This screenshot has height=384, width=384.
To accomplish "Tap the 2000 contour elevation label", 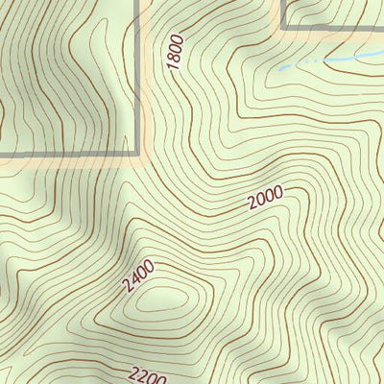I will pyautogui.click(x=264, y=199).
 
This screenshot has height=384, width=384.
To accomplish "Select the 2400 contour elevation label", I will pyautogui.click(x=138, y=276).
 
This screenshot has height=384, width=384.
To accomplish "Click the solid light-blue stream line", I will pyautogui.click(x=355, y=60).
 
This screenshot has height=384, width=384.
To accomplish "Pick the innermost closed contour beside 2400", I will pyautogui.click(x=157, y=303).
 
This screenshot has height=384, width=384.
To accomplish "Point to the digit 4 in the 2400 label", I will pyautogui.click(x=133, y=279).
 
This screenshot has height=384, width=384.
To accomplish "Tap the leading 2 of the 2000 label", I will pyautogui.click(x=252, y=204).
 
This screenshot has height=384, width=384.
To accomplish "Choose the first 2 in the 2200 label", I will pyautogui.click(x=132, y=373).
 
